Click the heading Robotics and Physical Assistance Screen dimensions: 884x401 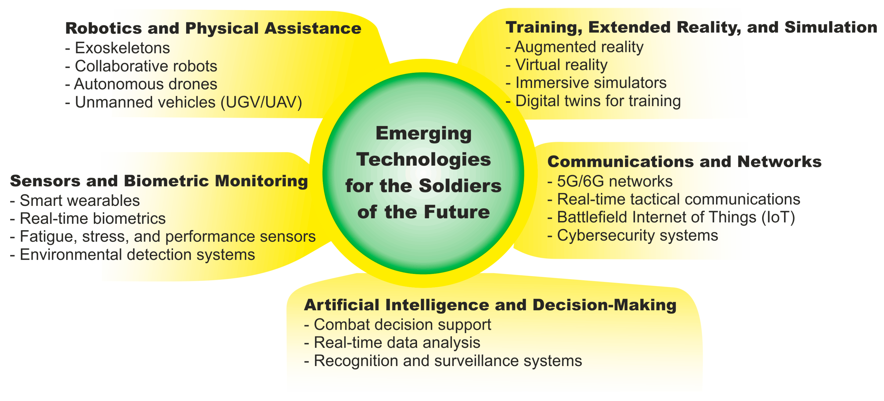click(213, 28)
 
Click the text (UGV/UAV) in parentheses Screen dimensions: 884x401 click(261, 102)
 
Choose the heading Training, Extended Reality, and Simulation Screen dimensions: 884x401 click(691, 27)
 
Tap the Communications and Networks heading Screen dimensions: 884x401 click(684, 161)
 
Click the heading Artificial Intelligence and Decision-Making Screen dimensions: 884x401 click(490, 305)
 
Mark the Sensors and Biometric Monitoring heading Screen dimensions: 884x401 click(159, 181)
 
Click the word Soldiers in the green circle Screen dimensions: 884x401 click(460, 186)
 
